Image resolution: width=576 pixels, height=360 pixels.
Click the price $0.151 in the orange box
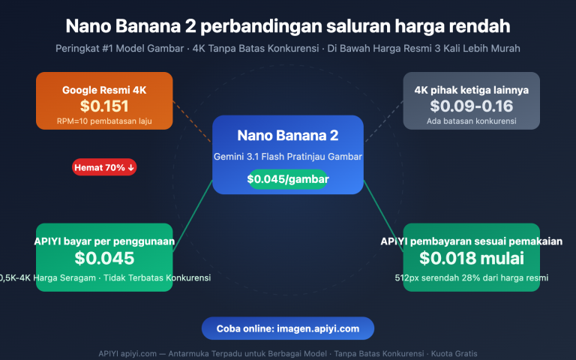point(104,106)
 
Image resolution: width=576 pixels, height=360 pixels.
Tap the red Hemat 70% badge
point(104,167)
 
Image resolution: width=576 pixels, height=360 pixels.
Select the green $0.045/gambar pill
point(288,179)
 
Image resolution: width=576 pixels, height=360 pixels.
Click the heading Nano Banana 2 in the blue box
point(288,136)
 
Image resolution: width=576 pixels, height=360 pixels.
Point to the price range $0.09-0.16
point(471,106)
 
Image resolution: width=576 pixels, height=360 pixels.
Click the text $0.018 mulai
point(471,259)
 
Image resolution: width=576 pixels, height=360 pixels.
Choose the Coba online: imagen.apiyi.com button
point(288,328)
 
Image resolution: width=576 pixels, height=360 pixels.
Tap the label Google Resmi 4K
point(104,90)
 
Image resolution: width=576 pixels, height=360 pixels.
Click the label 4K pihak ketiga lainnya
point(471,90)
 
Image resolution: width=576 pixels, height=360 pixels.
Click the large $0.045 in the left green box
point(104,259)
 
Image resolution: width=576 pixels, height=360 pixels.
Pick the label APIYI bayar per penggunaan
point(104,241)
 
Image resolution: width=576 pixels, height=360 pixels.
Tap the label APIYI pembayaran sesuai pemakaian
point(471,241)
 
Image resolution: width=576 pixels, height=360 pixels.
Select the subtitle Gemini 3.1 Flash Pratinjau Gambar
point(288,157)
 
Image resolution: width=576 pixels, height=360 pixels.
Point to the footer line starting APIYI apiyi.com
point(288,353)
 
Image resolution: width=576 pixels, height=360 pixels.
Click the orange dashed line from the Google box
point(192,121)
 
